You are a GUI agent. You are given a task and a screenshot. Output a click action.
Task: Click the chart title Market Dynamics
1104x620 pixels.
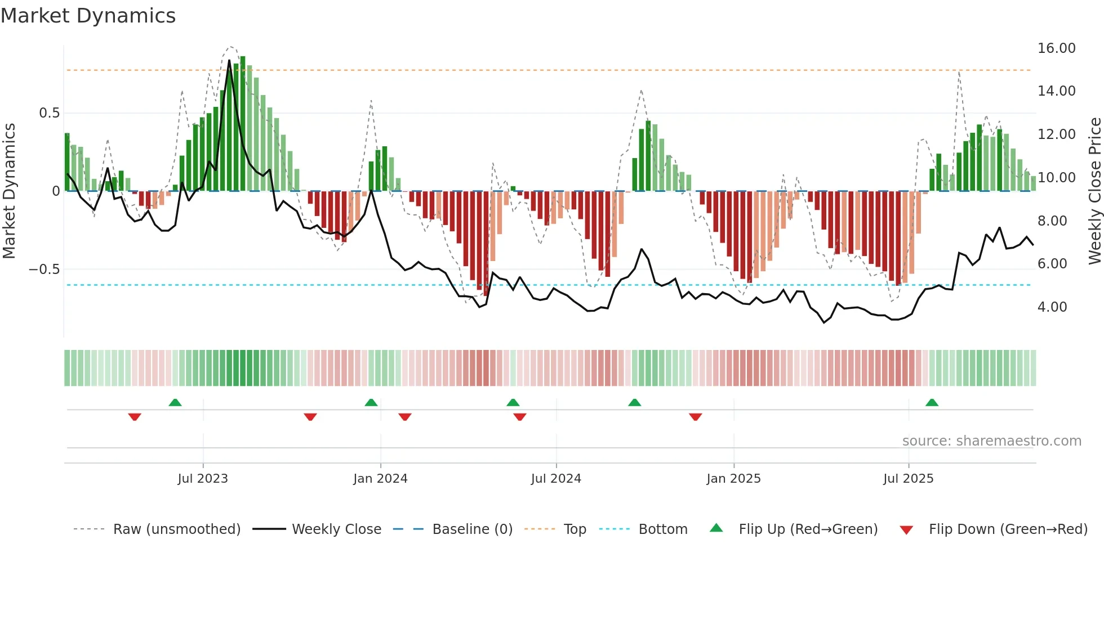point(88,16)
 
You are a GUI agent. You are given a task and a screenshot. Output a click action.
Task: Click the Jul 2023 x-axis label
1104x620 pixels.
point(203,479)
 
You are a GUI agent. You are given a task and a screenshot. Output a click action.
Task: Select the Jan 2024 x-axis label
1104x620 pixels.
point(380,479)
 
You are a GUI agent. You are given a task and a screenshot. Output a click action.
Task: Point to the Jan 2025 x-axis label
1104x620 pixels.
point(733,479)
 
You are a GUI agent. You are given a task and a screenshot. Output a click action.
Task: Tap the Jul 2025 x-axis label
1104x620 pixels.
point(908,479)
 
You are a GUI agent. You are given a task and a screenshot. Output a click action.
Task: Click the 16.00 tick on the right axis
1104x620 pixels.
point(1056,48)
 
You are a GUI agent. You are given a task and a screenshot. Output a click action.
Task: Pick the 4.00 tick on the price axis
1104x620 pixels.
point(1052,307)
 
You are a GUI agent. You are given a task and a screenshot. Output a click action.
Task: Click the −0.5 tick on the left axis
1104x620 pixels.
point(44,269)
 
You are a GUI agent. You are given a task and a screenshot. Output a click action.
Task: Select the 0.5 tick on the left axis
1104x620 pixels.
point(49,113)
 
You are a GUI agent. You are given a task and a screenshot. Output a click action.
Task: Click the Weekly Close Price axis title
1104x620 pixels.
point(1094,191)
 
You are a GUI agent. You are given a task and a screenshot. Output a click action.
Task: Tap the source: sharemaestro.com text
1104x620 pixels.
point(991,441)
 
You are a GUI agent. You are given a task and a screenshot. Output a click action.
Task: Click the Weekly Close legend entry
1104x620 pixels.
point(336,529)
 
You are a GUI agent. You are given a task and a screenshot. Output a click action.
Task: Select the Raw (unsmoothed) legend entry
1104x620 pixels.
point(176,529)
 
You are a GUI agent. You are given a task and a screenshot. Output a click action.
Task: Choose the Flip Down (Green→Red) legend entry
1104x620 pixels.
point(1008,529)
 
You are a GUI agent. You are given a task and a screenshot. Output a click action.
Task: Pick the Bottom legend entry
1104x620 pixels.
point(662,529)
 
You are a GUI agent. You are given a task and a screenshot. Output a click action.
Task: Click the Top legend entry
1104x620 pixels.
point(575,529)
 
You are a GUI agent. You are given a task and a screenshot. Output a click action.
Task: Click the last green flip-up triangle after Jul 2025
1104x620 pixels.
point(932,403)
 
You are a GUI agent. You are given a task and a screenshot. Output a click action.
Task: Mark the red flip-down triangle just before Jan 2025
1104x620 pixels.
point(695,417)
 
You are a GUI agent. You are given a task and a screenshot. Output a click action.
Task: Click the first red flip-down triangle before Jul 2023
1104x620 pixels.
point(135,417)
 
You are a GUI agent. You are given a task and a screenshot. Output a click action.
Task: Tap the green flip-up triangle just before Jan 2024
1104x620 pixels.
point(371,403)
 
